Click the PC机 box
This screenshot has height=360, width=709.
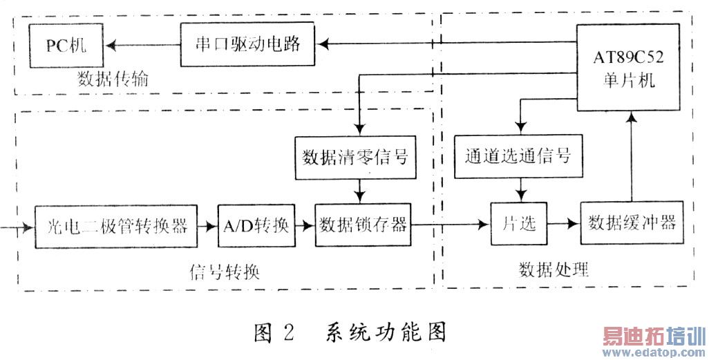click(x=66, y=45)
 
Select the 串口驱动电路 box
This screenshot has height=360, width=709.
click(x=247, y=45)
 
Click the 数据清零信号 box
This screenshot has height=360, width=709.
click(x=355, y=155)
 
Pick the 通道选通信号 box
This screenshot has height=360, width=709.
click(x=519, y=155)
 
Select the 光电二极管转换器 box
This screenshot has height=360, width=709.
click(x=115, y=225)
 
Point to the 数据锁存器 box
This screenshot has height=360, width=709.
click(x=363, y=225)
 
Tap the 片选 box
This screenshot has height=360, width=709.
click(x=518, y=225)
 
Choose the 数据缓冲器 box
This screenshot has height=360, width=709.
click(x=632, y=223)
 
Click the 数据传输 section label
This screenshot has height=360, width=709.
click(x=114, y=80)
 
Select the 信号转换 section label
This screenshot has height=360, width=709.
click(x=225, y=270)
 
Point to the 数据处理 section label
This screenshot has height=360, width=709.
click(x=554, y=268)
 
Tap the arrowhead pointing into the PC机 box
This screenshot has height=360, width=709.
click(x=111, y=45)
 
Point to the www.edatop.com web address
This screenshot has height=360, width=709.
click(x=653, y=352)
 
